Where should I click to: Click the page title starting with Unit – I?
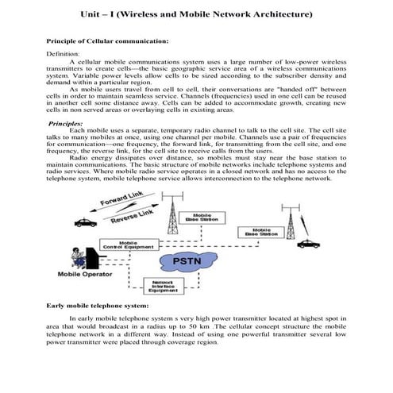(196, 15)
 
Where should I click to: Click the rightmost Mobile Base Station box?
(260, 233)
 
